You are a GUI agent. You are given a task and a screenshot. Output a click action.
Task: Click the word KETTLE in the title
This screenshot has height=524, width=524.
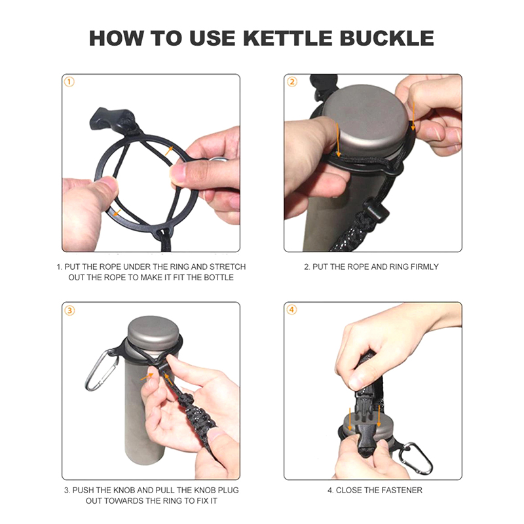coord(288,38)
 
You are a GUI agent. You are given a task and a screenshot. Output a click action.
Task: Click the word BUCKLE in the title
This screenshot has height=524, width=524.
coord(387,38)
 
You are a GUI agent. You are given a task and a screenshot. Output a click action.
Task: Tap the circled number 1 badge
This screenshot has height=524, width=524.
coord(69,82)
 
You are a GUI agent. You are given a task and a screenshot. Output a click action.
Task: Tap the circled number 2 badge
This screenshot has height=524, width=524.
coord(291,82)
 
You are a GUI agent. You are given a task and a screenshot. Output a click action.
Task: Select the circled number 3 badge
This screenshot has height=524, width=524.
coord(69,310)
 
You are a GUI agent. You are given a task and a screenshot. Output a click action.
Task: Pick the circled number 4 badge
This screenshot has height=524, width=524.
coord(291,310)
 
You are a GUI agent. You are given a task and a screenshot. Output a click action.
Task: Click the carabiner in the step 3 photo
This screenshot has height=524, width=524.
coord(100,370)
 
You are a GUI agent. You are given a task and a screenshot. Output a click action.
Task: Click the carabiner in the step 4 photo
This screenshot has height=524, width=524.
coord(415,458)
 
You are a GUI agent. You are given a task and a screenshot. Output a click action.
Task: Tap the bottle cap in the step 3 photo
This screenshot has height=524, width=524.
coord(154,333)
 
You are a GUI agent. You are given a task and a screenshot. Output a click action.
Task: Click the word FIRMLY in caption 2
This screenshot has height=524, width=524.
coord(424,267)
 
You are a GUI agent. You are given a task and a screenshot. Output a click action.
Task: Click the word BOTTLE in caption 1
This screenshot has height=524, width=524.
coord(219,277)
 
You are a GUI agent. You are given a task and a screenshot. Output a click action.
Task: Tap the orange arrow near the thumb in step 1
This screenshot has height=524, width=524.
coord(117,212)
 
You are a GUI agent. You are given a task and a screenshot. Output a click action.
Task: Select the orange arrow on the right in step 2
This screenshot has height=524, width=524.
coord(413,117)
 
